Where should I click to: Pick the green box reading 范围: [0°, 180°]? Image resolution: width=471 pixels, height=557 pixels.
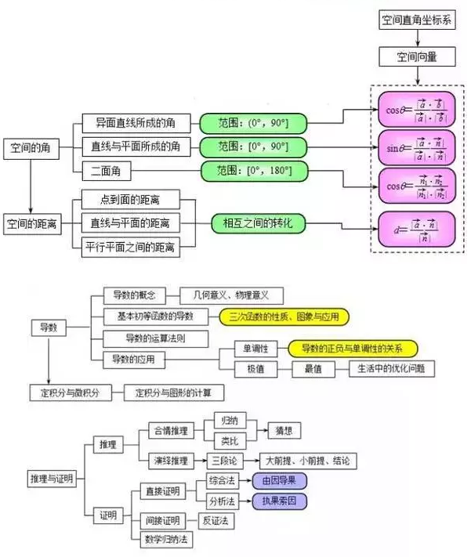pos(252,169)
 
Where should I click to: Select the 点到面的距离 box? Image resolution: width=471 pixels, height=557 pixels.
pos(130,201)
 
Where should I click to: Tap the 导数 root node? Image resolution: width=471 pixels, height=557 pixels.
pos(49,327)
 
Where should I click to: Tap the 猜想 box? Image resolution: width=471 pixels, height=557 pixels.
pos(283,430)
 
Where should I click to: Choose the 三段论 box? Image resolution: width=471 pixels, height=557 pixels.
pos(226,460)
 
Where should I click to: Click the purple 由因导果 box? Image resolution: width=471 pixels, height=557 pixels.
pos(278,480)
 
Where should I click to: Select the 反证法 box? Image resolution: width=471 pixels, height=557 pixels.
pos(214,520)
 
